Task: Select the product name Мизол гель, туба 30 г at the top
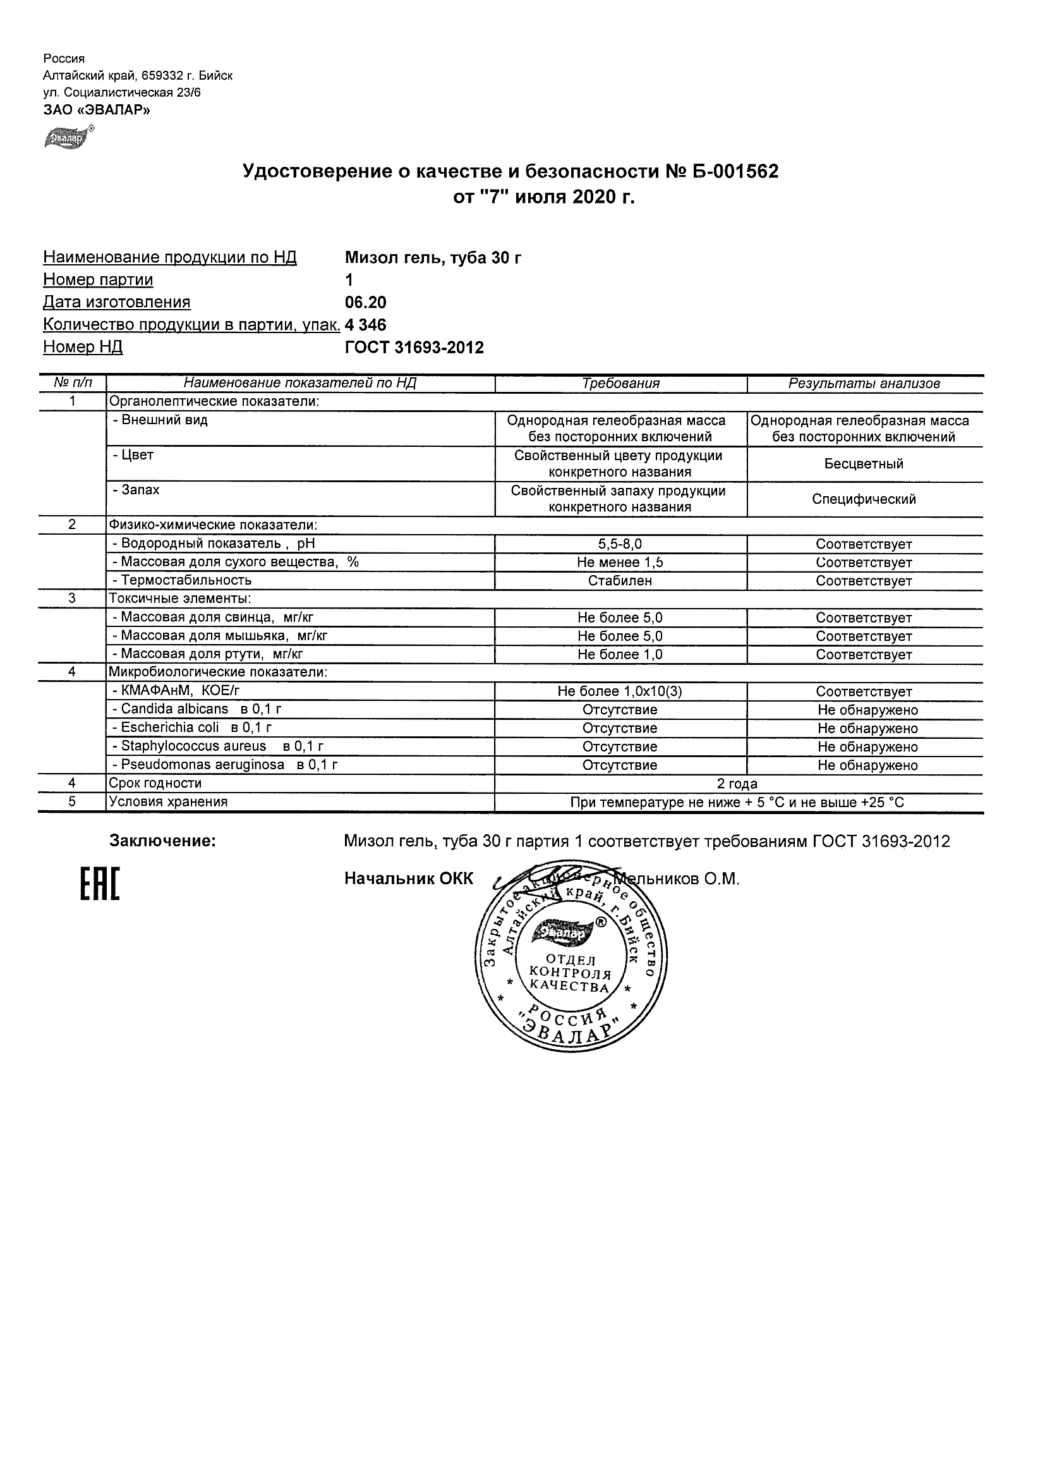pos(433,258)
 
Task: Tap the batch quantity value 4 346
pos(366,325)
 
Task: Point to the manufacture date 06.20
pos(366,303)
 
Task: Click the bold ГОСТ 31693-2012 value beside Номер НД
pos(414,348)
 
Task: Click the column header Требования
pos(620,384)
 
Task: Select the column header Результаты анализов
pos(864,384)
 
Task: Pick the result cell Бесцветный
pos(864,464)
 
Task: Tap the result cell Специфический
pos(864,499)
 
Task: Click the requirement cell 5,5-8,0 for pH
pos(620,544)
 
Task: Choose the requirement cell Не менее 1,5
pos(620,563)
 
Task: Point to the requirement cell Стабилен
pos(620,580)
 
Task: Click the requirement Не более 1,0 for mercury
pos(620,654)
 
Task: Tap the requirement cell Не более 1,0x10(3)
pos(620,692)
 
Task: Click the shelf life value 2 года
pos(737,784)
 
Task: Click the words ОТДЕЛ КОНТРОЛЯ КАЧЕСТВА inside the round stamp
pos(570,974)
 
